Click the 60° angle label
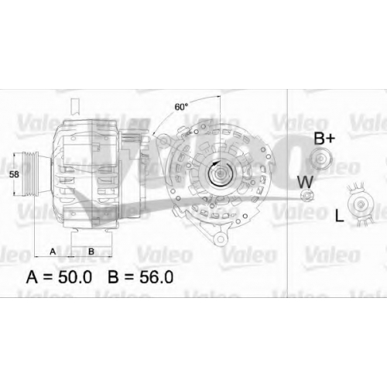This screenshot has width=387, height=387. click(x=181, y=107)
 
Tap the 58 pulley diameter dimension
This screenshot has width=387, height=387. click(x=14, y=174)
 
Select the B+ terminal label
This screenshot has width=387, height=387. click(x=324, y=139)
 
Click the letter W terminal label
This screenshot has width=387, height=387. click(x=305, y=182)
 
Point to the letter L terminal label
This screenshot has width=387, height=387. click(x=339, y=216)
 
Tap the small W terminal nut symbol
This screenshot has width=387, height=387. click(x=307, y=195)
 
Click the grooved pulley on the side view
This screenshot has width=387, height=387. click(x=31, y=174)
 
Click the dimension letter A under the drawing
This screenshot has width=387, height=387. click(x=53, y=251)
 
